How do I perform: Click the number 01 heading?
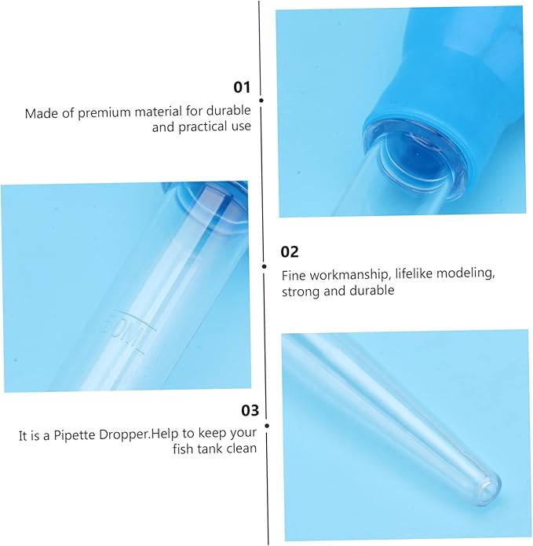click(x=242, y=87)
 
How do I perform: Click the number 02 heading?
click(x=290, y=251)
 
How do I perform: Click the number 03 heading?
click(x=250, y=411)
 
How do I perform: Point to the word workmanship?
click(x=349, y=275)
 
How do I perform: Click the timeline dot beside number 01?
click(x=261, y=101)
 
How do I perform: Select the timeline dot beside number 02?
click(x=265, y=267)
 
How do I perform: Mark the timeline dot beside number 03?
click(x=267, y=426)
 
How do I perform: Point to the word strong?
click(x=300, y=291)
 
